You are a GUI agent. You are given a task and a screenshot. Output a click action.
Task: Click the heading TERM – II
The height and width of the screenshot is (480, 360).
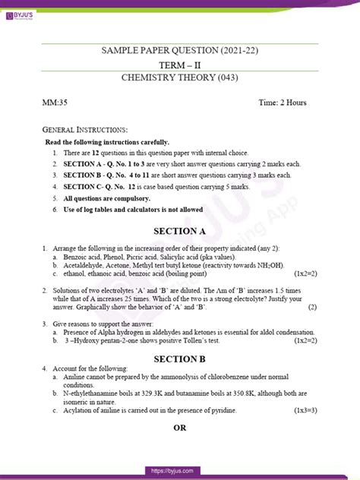point(180,65)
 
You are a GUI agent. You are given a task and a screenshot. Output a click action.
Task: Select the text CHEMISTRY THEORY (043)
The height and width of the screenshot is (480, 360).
point(180,79)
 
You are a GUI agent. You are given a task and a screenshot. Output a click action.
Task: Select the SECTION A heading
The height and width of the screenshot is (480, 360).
point(180,231)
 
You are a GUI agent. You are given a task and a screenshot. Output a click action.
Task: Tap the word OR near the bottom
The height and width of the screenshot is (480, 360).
point(180,448)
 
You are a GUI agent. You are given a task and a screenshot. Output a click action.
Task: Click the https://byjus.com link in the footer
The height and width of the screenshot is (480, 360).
point(180,472)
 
